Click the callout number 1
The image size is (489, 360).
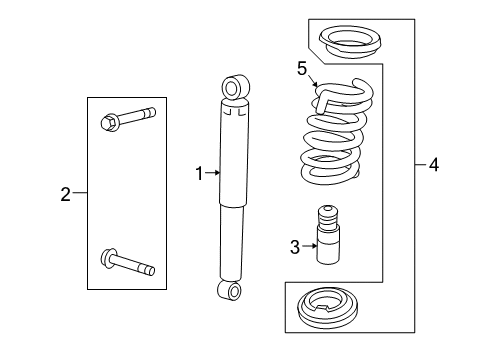(x=200, y=173)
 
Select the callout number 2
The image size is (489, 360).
(x=66, y=194)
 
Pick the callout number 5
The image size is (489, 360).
(x=300, y=68)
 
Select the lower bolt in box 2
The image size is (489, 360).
(x=129, y=264)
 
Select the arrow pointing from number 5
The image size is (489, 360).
(x=314, y=83)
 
